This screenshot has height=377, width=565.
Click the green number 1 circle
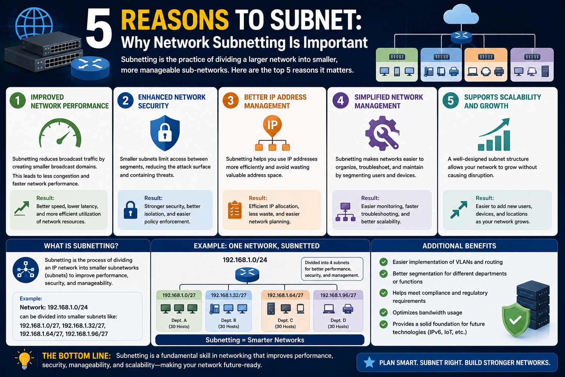(x=18, y=101)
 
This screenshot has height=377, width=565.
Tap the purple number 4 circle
(x=341, y=101)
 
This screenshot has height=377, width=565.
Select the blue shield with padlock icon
(x=165, y=133)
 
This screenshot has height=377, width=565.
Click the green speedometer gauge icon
(x=60, y=133)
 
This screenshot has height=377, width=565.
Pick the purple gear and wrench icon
(x=382, y=133)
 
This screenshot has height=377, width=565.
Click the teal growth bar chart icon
(x=494, y=134)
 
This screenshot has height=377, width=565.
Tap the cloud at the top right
(x=461, y=14)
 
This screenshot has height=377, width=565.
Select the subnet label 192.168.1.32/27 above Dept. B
(x=228, y=295)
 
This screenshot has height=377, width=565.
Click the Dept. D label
(x=338, y=320)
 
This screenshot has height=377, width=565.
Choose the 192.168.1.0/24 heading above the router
(x=245, y=260)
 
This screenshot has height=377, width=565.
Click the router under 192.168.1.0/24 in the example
(x=247, y=275)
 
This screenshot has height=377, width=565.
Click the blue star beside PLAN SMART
(x=369, y=362)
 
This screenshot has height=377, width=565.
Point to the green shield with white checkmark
(x=516, y=320)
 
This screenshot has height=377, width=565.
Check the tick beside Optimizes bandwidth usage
(x=383, y=312)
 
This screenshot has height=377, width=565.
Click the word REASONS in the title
(x=175, y=20)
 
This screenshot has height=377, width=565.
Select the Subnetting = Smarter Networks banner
(x=260, y=340)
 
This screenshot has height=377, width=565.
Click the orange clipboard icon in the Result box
(x=235, y=210)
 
